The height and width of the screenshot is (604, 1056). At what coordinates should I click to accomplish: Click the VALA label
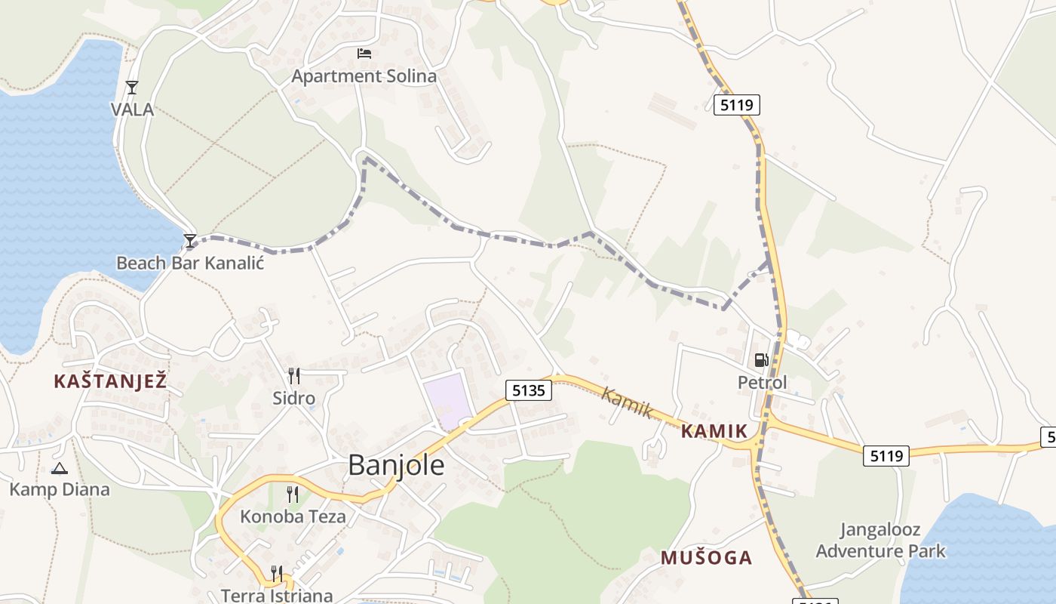132,109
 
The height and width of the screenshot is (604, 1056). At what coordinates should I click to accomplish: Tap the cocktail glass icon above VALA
132,88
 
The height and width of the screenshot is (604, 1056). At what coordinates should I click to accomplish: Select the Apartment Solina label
364,76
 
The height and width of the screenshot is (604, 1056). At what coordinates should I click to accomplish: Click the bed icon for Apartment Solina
364,54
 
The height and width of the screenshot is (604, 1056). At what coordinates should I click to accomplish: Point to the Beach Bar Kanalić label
190,263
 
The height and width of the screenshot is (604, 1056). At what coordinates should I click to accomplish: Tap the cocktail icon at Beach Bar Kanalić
190,241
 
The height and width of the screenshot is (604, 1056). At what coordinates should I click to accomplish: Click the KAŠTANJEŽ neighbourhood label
110,381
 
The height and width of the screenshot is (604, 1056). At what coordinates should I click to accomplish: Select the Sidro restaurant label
294,398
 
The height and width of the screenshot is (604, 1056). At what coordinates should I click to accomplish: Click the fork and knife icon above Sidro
294,375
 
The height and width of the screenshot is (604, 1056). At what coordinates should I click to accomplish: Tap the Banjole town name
396,465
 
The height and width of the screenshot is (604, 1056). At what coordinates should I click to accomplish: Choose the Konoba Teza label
293,517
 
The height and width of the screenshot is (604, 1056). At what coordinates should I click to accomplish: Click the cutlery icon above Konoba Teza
293,495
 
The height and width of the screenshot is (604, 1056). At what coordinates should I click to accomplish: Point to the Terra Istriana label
277,595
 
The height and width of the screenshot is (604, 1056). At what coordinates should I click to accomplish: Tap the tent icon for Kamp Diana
60,468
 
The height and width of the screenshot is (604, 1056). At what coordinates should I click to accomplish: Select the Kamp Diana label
60,489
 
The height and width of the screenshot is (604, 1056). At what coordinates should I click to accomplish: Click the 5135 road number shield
528,390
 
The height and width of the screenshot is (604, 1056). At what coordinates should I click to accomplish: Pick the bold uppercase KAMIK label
714,432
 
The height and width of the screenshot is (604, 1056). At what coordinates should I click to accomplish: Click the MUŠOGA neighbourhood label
706,558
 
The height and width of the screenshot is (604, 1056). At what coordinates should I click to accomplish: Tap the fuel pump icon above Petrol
762,360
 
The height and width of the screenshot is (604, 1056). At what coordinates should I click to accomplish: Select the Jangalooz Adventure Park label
880,540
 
